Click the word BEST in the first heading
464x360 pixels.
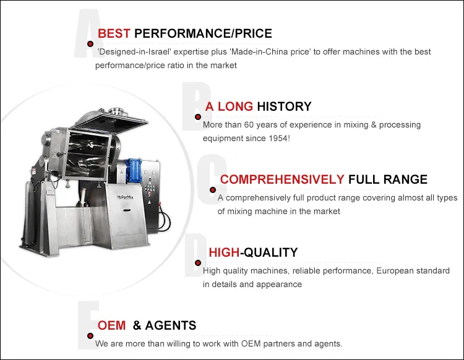(x=114, y=33)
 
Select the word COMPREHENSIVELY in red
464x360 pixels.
(x=282, y=179)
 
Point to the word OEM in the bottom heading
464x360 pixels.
(x=112, y=325)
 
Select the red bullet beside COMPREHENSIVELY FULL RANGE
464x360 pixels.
(x=212, y=190)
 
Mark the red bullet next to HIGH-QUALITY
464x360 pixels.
(x=198, y=263)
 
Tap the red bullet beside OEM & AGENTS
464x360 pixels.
(x=90, y=336)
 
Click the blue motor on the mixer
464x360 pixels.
(x=134, y=168)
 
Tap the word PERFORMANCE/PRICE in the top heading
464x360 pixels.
(x=203, y=33)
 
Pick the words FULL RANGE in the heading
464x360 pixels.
(x=388, y=179)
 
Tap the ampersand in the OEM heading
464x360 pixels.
(x=137, y=325)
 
